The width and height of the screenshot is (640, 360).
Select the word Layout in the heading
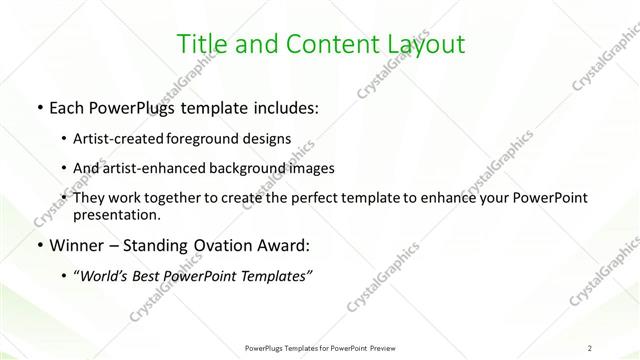pos(425,44)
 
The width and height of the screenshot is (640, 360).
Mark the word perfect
pos(315,199)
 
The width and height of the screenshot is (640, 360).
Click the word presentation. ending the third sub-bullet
pos(123,214)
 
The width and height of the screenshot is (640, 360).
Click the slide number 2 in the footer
pos(591,348)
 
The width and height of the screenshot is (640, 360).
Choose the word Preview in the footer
pos(378,348)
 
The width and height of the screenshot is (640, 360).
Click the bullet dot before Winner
pos(38,245)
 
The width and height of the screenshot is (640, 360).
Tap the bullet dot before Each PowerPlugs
pos(38,107)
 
